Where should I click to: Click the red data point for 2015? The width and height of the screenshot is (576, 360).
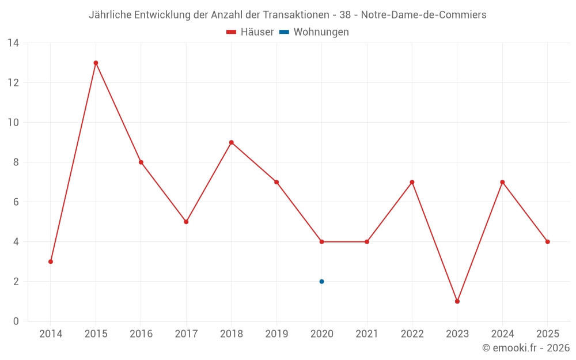[96, 63]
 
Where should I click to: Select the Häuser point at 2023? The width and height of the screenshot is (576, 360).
[457, 301]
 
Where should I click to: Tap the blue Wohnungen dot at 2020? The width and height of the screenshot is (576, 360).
[321, 282]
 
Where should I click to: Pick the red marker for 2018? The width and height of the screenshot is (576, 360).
[232, 142]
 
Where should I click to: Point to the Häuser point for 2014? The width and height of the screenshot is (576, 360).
[51, 262]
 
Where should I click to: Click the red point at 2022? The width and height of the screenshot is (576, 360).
[412, 182]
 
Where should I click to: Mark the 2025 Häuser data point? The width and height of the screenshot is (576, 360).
[548, 242]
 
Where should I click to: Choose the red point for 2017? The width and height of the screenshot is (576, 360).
[186, 222]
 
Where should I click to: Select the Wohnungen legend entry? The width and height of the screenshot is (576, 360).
[321, 32]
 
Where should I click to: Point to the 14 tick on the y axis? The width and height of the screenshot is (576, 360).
[13, 43]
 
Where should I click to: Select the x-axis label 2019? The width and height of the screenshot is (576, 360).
[276, 334]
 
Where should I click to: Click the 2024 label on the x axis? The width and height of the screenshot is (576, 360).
[502, 334]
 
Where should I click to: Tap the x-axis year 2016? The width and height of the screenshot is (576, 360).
[141, 334]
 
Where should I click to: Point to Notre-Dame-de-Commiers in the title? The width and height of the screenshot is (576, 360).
[423, 15]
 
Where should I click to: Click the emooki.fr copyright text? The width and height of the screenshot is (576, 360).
[526, 348]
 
